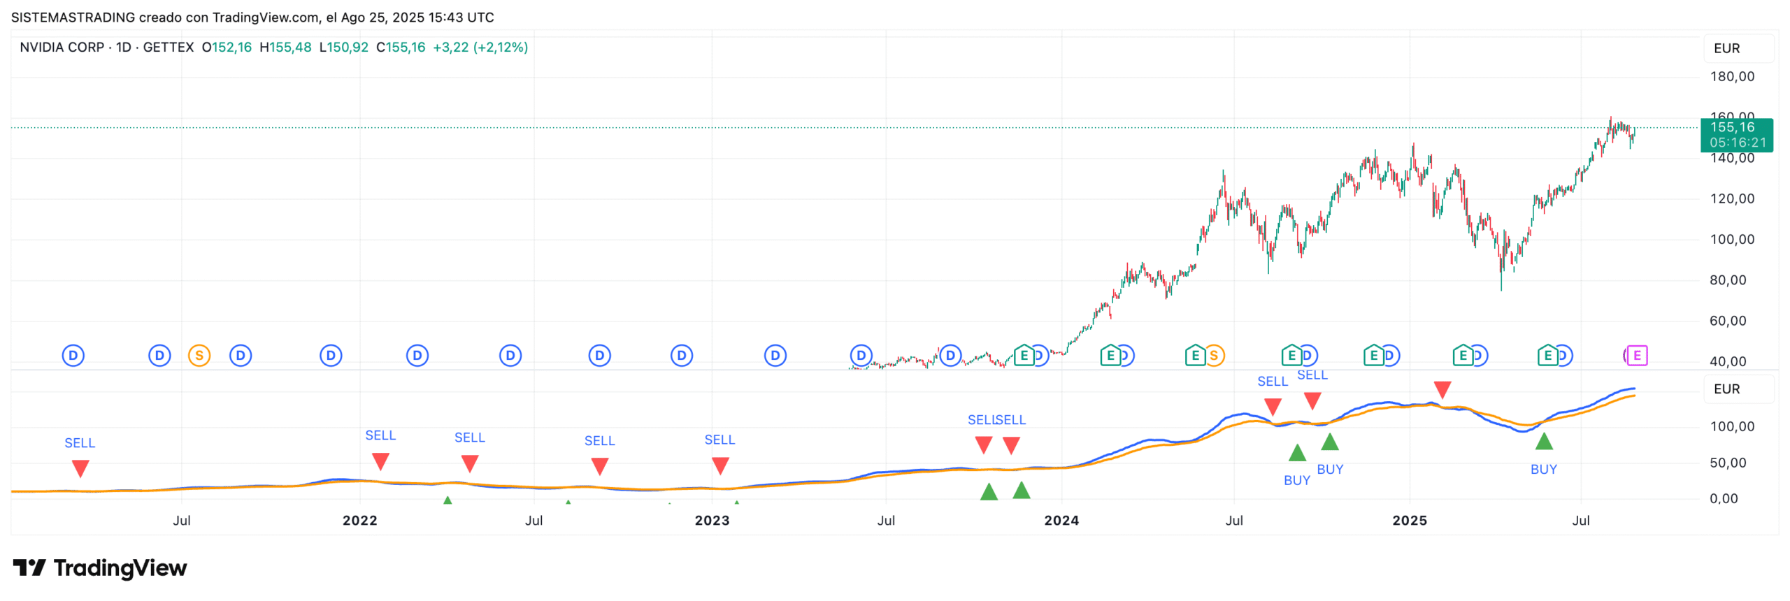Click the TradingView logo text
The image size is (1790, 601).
pyautogui.click(x=120, y=568)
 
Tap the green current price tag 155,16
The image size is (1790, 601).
pyautogui.click(x=1735, y=134)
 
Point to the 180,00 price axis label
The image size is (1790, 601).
pyautogui.click(x=1731, y=76)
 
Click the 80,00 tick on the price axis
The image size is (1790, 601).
pyautogui.click(x=1731, y=280)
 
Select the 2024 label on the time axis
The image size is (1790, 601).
pyautogui.click(x=1061, y=521)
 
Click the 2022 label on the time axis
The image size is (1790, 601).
pyautogui.click(x=359, y=521)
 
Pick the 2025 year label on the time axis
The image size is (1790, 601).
pyautogui.click(x=1409, y=521)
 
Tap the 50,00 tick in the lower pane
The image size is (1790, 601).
pyautogui.click(x=1727, y=463)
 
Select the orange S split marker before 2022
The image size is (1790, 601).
pyautogui.click(x=199, y=356)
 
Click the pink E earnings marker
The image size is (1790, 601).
pyautogui.click(x=1636, y=356)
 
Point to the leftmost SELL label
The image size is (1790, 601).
pyautogui.click(x=80, y=443)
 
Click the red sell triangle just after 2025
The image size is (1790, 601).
pyautogui.click(x=1442, y=389)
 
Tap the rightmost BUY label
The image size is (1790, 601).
pyautogui.click(x=1543, y=470)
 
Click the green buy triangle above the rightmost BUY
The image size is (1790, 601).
pyautogui.click(x=1543, y=441)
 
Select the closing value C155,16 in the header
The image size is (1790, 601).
pyautogui.click(x=401, y=48)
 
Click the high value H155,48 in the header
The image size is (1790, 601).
pyautogui.click(x=285, y=48)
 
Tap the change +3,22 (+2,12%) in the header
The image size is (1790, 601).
pyautogui.click(x=480, y=48)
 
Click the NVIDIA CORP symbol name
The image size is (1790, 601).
pyautogui.click(x=62, y=48)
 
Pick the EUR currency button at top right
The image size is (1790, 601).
pyautogui.click(x=1726, y=48)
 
